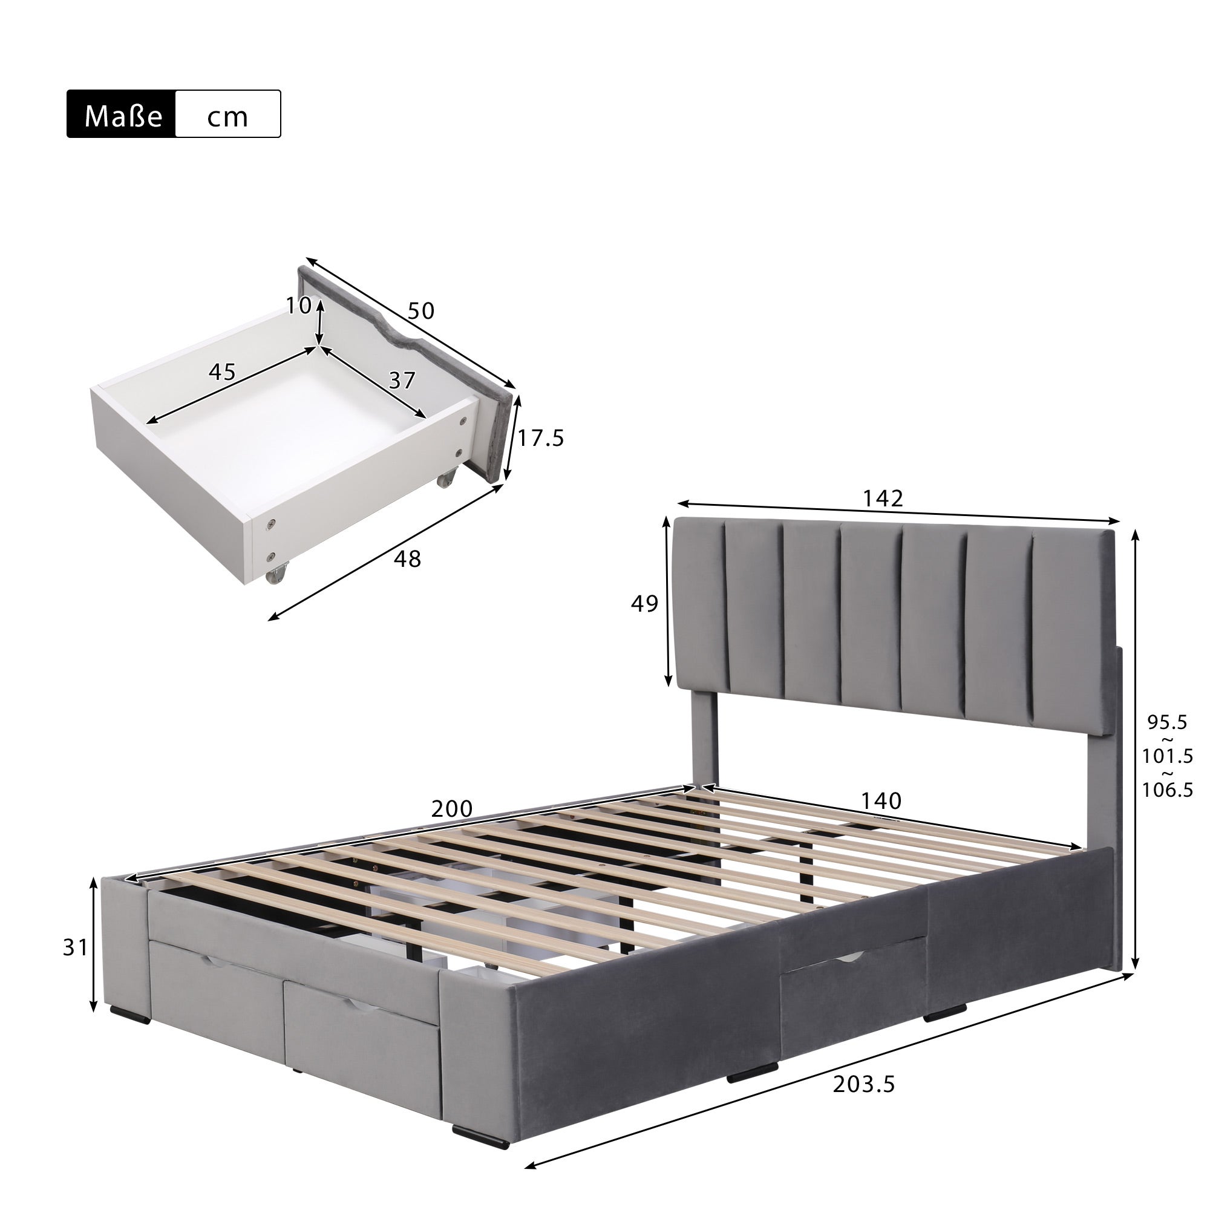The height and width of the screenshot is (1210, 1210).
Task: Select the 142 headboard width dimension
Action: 883,498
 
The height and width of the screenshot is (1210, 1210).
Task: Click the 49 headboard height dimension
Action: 644,604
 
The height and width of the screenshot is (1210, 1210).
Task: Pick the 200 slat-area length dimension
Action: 451,809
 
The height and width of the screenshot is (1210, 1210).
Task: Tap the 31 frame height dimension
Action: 75,947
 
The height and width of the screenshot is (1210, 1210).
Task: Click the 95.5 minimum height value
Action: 1167,722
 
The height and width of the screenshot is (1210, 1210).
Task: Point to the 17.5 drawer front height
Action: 540,439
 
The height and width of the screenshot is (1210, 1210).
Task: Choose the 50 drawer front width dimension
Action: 420,310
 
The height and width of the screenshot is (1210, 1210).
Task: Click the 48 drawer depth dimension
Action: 407,558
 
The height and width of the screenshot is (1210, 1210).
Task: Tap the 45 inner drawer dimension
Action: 221,372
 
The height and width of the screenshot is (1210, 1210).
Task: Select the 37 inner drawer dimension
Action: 402,379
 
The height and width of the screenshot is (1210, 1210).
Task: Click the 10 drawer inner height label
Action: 298,306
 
